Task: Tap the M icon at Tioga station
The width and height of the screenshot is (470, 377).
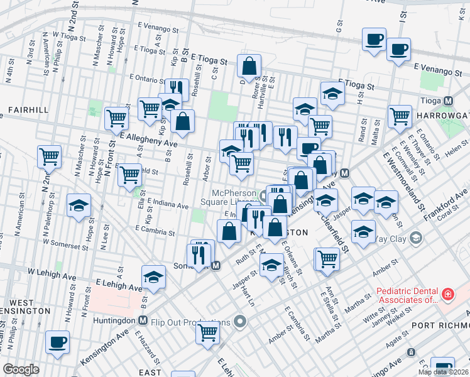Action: [x=449, y=101]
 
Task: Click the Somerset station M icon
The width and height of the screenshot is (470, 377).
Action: [x=216, y=266]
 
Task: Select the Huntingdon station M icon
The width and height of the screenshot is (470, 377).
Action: [x=143, y=320]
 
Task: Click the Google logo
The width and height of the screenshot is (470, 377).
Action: [x=21, y=369]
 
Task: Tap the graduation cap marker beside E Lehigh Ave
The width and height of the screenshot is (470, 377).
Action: [x=154, y=277]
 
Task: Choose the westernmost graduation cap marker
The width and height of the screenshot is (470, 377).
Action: [x=79, y=205]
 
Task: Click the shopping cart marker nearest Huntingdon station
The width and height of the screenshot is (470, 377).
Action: [x=207, y=332]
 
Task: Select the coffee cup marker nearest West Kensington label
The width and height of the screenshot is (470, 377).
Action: [x=58, y=342]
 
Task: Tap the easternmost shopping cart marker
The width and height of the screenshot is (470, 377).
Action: [x=400, y=116]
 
